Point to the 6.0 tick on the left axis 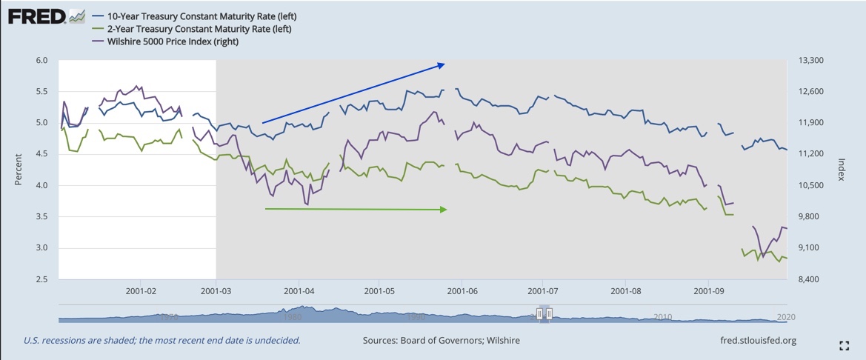pyautogui.click(x=41, y=60)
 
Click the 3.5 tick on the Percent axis pyautogui.click(x=41, y=216)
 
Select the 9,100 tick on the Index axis pyautogui.click(x=807, y=247)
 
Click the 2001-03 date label pyautogui.click(x=216, y=291)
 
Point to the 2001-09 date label pyautogui.click(x=708, y=291)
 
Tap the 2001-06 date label pyautogui.click(x=462, y=291)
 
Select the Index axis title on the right pyautogui.click(x=842, y=170)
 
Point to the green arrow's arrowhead pyautogui.click(x=444, y=210)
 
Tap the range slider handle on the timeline pyautogui.click(x=544, y=314)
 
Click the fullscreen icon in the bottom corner pyautogui.click(x=844, y=345)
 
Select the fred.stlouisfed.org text pyautogui.click(x=753, y=341)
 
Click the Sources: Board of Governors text pyautogui.click(x=441, y=341)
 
